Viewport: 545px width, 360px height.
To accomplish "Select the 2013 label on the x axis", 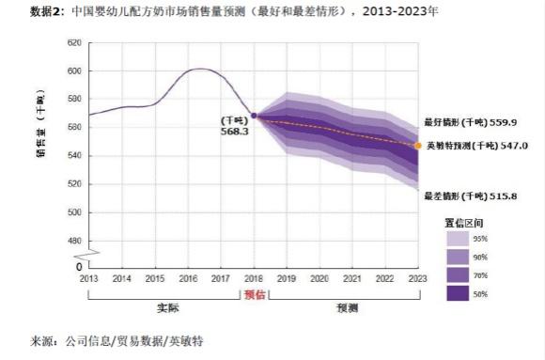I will pyautogui.click(x=88, y=279).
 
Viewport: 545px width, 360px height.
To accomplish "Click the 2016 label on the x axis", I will pyautogui.click(x=188, y=279).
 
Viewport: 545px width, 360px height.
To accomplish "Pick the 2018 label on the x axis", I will pyautogui.click(x=254, y=279).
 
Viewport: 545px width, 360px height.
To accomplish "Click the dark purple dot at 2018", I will pyautogui.click(x=254, y=116).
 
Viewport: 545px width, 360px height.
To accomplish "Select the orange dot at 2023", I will pyautogui.click(x=418, y=146).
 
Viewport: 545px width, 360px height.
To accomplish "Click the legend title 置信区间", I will pyautogui.click(x=465, y=222).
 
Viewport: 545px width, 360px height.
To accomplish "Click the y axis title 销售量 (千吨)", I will pyautogui.click(x=40, y=123).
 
